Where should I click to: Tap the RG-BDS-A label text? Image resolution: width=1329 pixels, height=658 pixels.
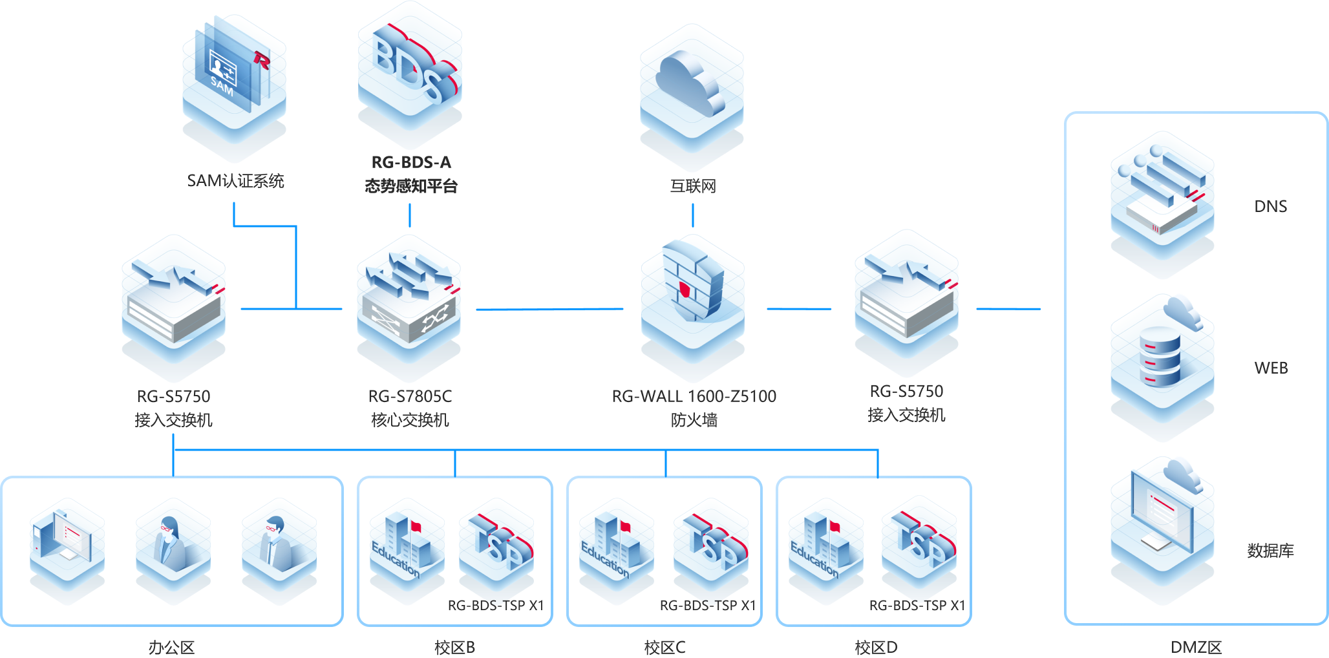coord(411,162)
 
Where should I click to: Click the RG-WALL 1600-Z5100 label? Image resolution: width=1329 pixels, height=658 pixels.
coord(694,396)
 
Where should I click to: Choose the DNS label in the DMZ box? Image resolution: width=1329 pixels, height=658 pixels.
coord(1270,206)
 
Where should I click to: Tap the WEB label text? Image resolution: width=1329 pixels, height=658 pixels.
coord(1271,368)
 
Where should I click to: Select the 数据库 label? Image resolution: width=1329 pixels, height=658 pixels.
coord(1270,551)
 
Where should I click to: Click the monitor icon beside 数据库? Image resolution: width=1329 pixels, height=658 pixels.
coord(1162,517)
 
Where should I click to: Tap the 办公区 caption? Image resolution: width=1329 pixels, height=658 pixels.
coord(171,647)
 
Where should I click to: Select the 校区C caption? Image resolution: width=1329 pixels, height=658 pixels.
coord(664,647)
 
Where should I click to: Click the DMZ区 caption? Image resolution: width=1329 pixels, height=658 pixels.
coord(1196,647)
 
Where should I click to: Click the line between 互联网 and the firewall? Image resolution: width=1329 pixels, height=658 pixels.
coord(692,215)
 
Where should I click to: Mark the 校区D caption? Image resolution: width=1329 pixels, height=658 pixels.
coord(875,647)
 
